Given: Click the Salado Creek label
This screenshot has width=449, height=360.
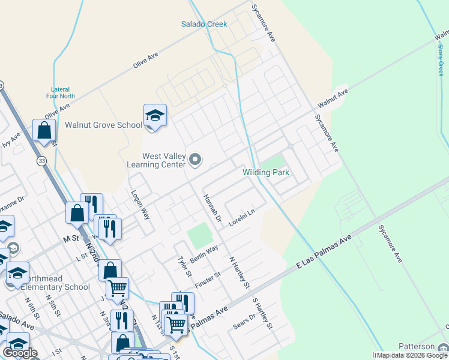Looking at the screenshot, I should click(x=204, y=24).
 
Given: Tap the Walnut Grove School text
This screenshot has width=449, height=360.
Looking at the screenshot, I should click(x=103, y=125).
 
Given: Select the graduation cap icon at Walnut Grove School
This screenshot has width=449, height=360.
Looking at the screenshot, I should click(x=155, y=116).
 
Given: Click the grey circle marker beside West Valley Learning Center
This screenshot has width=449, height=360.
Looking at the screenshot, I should click(x=195, y=160).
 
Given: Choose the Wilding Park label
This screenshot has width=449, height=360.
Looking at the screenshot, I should click(x=266, y=173).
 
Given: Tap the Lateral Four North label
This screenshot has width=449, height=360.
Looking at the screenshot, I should click(x=60, y=92).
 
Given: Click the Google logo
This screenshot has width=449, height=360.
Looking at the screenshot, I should click(x=20, y=353).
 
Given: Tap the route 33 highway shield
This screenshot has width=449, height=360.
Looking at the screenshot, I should click(x=41, y=161).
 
